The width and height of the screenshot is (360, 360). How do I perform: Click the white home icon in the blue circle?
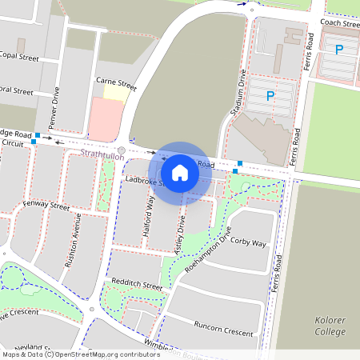pos(180,172)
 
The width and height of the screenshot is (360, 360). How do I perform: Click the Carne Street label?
pos(116,82)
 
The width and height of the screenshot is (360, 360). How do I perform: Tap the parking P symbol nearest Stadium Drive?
pos(270,97)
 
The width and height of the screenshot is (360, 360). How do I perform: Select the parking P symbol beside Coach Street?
pos(339,50)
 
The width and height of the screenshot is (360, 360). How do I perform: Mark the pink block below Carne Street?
pos(105,120)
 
